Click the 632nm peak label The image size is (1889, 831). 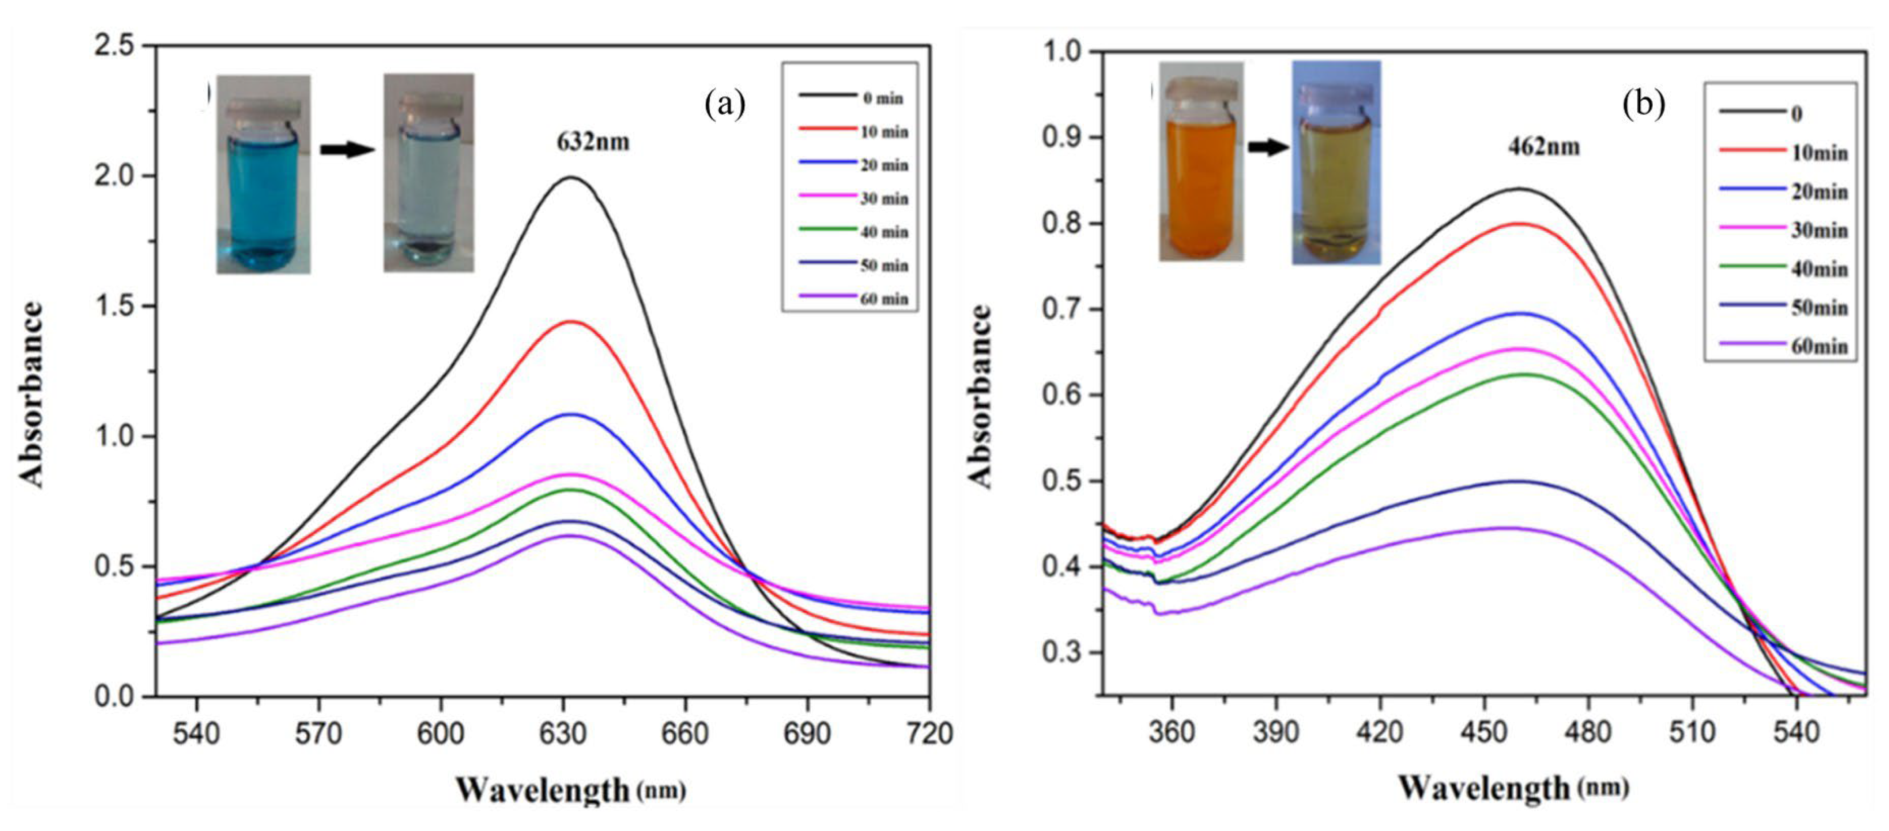point(593,141)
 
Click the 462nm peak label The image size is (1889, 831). point(1544,147)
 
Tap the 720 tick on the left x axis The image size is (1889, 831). point(929,734)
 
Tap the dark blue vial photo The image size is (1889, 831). point(263,175)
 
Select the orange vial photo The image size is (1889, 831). point(1200,161)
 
